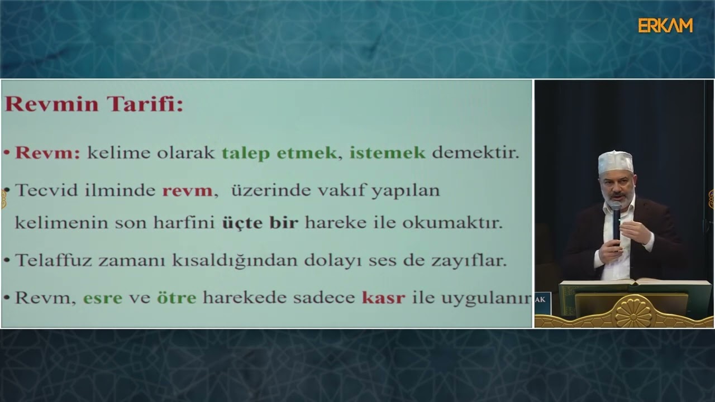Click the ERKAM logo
click(x=665, y=25)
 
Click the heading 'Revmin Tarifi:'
click(x=94, y=104)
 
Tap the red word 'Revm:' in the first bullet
click(x=48, y=153)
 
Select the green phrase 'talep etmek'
click(x=279, y=153)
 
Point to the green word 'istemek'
click(x=388, y=153)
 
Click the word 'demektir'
click(x=475, y=153)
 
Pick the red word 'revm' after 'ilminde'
click(x=187, y=190)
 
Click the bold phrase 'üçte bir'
click(x=260, y=223)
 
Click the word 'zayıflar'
click(x=473, y=260)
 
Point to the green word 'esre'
click(x=103, y=298)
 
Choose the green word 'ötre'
click(x=177, y=298)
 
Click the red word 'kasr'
click(x=383, y=298)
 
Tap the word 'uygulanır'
click(x=486, y=298)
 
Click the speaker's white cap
click(x=616, y=162)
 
